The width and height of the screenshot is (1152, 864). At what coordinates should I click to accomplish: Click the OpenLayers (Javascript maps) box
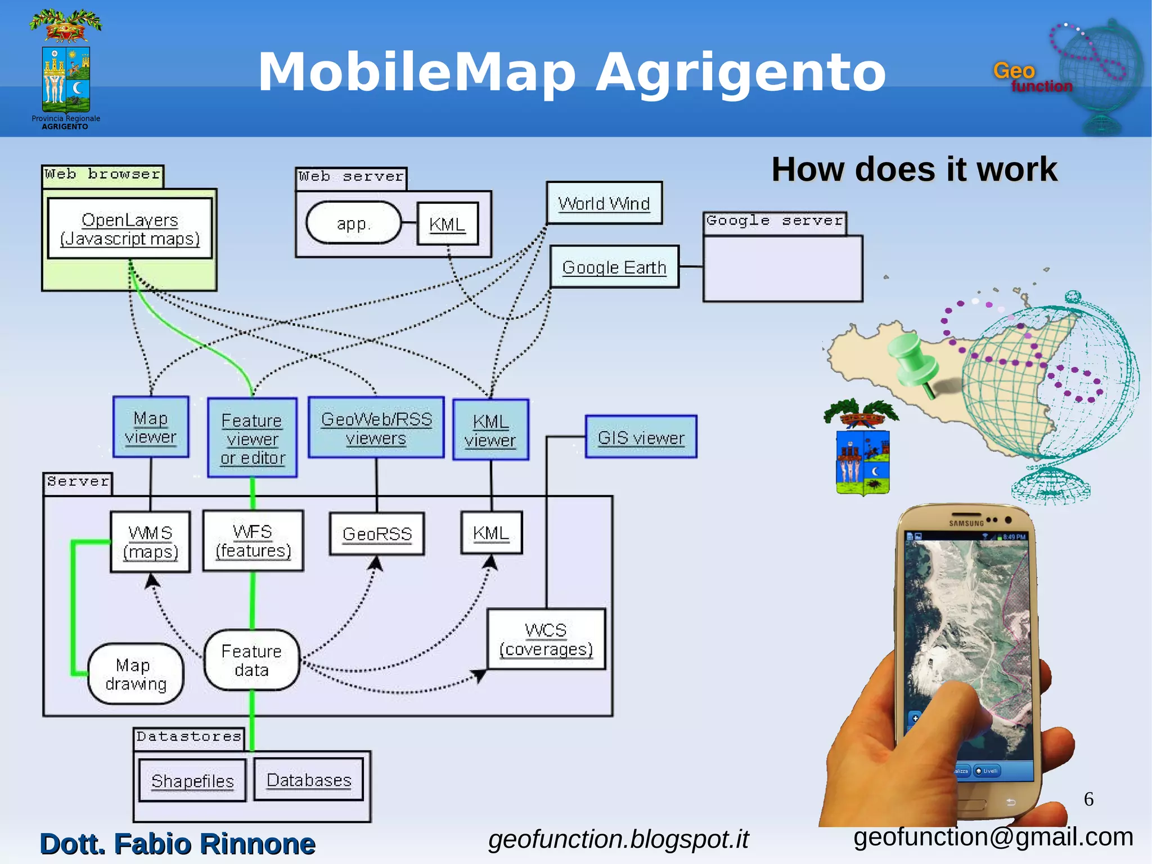[x=130, y=229]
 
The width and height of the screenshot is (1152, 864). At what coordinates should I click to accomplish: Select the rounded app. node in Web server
[x=353, y=223]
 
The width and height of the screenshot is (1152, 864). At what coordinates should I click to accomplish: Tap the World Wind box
[x=604, y=203]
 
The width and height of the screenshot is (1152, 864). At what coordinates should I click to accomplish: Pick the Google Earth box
[x=614, y=267]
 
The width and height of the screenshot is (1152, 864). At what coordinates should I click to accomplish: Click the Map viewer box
[x=151, y=427]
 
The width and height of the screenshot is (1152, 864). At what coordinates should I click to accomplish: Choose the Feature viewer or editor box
[x=253, y=438]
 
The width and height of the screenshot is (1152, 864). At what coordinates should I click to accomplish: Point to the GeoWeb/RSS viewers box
[x=376, y=428]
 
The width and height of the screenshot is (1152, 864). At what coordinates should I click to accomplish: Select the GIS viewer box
[x=641, y=437]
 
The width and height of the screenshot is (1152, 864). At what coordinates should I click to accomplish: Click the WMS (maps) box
[x=150, y=542]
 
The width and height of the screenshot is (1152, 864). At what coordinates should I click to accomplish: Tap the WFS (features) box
[x=253, y=541]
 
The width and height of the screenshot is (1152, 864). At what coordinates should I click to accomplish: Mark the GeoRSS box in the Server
[x=377, y=534]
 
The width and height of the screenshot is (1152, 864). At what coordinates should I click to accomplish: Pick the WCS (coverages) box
[x=546, y=639]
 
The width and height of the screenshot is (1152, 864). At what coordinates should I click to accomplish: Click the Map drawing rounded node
[x=136, y=674]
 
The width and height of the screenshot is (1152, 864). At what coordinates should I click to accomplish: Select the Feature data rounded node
[x=251, y=660]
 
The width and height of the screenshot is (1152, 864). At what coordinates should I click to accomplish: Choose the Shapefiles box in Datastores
[x=192, y=781]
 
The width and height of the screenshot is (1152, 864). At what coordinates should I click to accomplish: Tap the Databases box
[x=309, y=780]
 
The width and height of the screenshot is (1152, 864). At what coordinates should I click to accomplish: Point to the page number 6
[x=1088, y=799]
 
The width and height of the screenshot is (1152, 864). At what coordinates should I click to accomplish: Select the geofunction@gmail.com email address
[x=993, y=837]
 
